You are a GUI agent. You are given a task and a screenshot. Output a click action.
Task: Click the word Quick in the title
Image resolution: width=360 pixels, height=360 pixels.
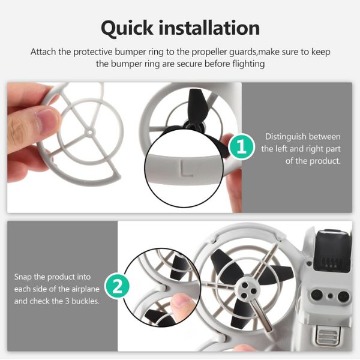[127, 28]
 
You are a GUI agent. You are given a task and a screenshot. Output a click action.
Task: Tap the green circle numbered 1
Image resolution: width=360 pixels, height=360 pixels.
[242, 147]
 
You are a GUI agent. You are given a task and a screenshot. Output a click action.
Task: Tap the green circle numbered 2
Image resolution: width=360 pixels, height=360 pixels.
[117, 286]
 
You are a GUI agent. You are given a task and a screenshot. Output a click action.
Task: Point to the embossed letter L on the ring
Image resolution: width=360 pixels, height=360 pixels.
[185, 169]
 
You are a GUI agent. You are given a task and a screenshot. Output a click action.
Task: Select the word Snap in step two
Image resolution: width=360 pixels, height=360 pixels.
[23, 277]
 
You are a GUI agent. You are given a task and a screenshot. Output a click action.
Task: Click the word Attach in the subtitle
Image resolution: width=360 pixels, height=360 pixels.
[43, 52]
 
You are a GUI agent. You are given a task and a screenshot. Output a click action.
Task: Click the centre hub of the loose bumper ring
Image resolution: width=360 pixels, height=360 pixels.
[90, 132]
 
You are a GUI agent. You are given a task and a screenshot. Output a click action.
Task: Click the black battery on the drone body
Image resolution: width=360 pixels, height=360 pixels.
[333, 251]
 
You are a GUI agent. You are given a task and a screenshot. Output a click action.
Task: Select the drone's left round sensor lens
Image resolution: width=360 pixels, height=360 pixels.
[317, 295]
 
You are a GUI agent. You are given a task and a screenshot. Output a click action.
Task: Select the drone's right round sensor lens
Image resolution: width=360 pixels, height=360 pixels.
[343, 296]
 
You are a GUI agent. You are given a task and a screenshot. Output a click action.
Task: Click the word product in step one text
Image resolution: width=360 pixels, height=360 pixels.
[325, 161]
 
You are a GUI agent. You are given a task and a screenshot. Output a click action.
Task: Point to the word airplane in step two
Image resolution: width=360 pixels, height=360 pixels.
[85, 289]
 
